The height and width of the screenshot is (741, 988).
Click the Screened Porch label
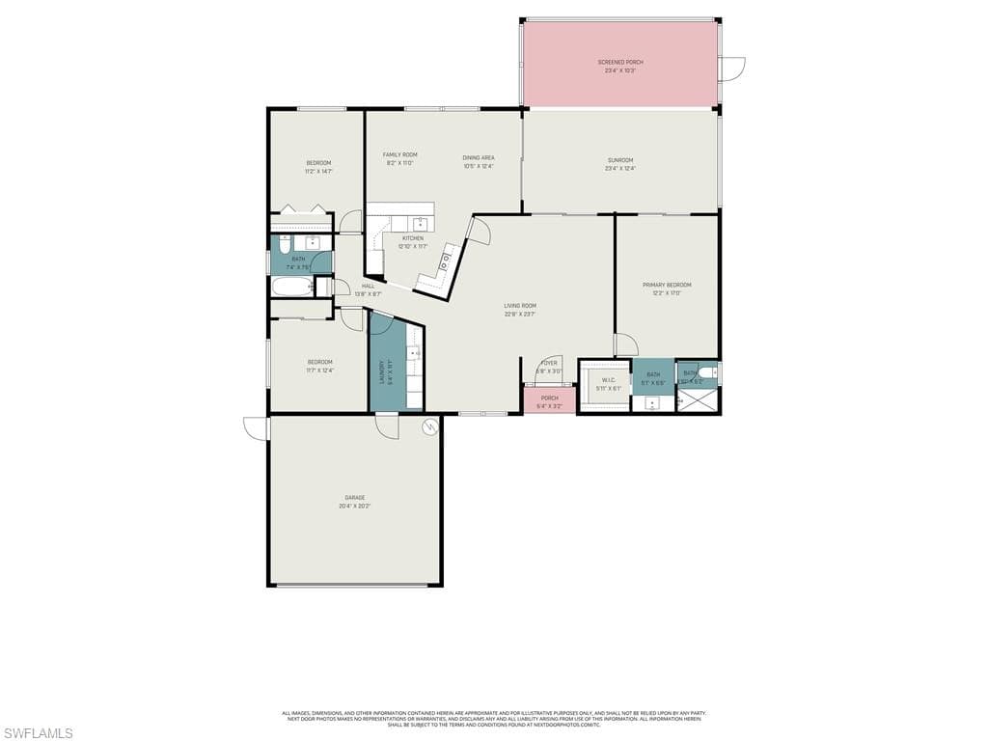[x=620, y=62]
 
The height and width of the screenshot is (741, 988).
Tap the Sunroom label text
[x=620, y=160]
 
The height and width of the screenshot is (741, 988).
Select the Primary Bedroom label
[x=667, y=285]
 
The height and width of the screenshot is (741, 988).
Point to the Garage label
[x=355, y=498]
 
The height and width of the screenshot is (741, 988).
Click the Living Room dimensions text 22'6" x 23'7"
[x=519, y=314]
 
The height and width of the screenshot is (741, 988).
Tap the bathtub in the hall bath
[x=290, y=287]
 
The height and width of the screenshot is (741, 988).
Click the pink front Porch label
[x=549, y=398]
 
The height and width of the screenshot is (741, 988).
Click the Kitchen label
[x=413, y=238]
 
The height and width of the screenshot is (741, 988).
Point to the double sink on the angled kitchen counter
[x=447, y=260]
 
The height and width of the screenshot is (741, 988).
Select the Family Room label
[x=399, y=154]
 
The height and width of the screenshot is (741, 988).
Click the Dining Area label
[x=479, y=157]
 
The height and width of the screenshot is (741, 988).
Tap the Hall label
[x=368, y=286]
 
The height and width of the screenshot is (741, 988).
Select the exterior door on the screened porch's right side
[x=732, y=69]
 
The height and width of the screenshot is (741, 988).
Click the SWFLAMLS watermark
[x=37, y=733]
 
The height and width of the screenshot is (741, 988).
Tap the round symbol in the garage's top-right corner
[x=430, y=425]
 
